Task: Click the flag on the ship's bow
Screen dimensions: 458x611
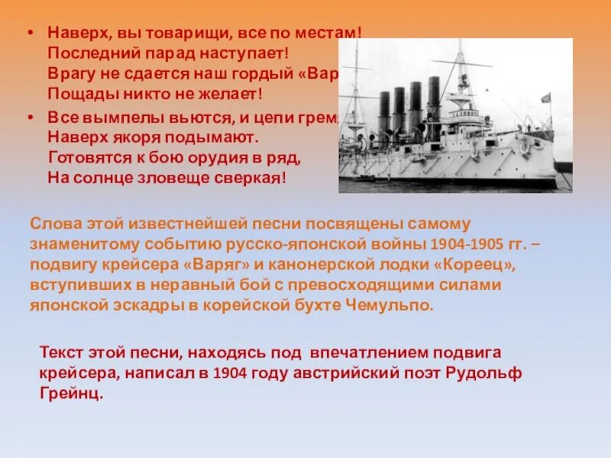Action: tap(545, 98)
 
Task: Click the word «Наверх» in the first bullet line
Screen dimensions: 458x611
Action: tap(73, 34)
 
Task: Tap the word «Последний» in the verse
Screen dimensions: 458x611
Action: tap(84, 53)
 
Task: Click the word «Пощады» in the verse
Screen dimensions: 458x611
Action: tap(76, 94)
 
